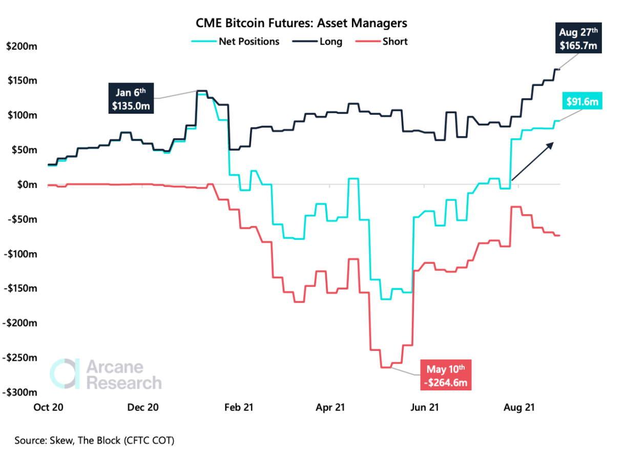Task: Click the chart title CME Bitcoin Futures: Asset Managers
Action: (x=301, y=23)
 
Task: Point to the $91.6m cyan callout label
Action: (x=583, y=102)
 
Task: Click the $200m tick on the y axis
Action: (x=19, y=46)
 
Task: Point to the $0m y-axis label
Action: (x=23, y=184)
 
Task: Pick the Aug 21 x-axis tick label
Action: (x=519, y=408)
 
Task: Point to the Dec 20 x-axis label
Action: (x=142, y=408)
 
